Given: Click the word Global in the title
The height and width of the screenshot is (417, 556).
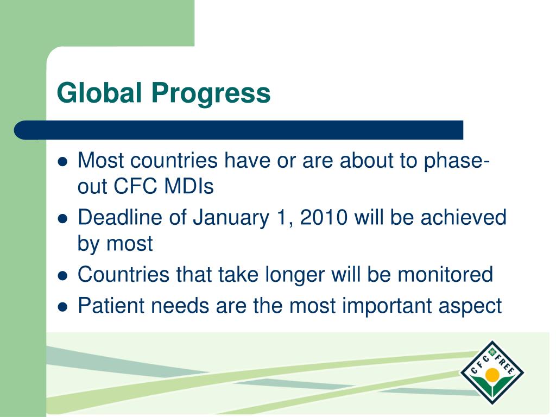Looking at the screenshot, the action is tap(99, 92).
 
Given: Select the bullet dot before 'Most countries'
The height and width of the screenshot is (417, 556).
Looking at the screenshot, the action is tap(62, 162).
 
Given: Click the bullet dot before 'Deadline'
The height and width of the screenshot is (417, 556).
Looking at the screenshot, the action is tap(62, 219).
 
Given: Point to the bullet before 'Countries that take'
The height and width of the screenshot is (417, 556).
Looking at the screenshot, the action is tap(62, 275).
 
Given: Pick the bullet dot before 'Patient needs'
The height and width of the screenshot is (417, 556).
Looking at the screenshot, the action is tap(62, 306).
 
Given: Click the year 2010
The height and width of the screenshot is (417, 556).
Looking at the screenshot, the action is tap(324, 217).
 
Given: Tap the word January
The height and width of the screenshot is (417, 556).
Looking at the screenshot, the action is tap(231, 218).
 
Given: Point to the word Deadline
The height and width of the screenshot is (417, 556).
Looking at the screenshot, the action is tap(120, 217).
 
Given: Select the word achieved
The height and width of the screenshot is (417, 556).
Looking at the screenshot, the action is tap(464, 217).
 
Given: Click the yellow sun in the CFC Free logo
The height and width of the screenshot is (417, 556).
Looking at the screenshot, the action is tap(492, 375).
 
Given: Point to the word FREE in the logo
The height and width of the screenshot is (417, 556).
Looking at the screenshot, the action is tap(505, 364).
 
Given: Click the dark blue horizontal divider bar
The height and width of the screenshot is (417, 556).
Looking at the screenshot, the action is tap(239, 130).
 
